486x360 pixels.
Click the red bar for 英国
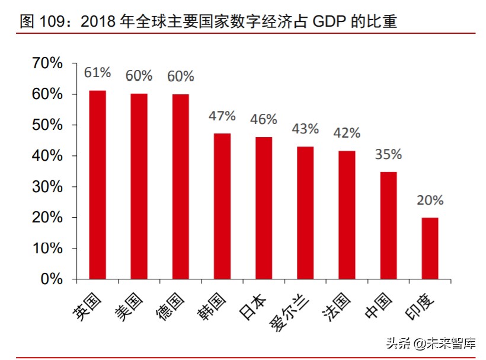[97, 184]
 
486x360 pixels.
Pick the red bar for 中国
[388, 225]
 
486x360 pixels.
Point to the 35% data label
[388, 154]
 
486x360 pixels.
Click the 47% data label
[222, 116]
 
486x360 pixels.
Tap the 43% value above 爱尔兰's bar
[305, 129]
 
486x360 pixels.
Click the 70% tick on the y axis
[47, 63]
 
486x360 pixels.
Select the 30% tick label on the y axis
[47, 187]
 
